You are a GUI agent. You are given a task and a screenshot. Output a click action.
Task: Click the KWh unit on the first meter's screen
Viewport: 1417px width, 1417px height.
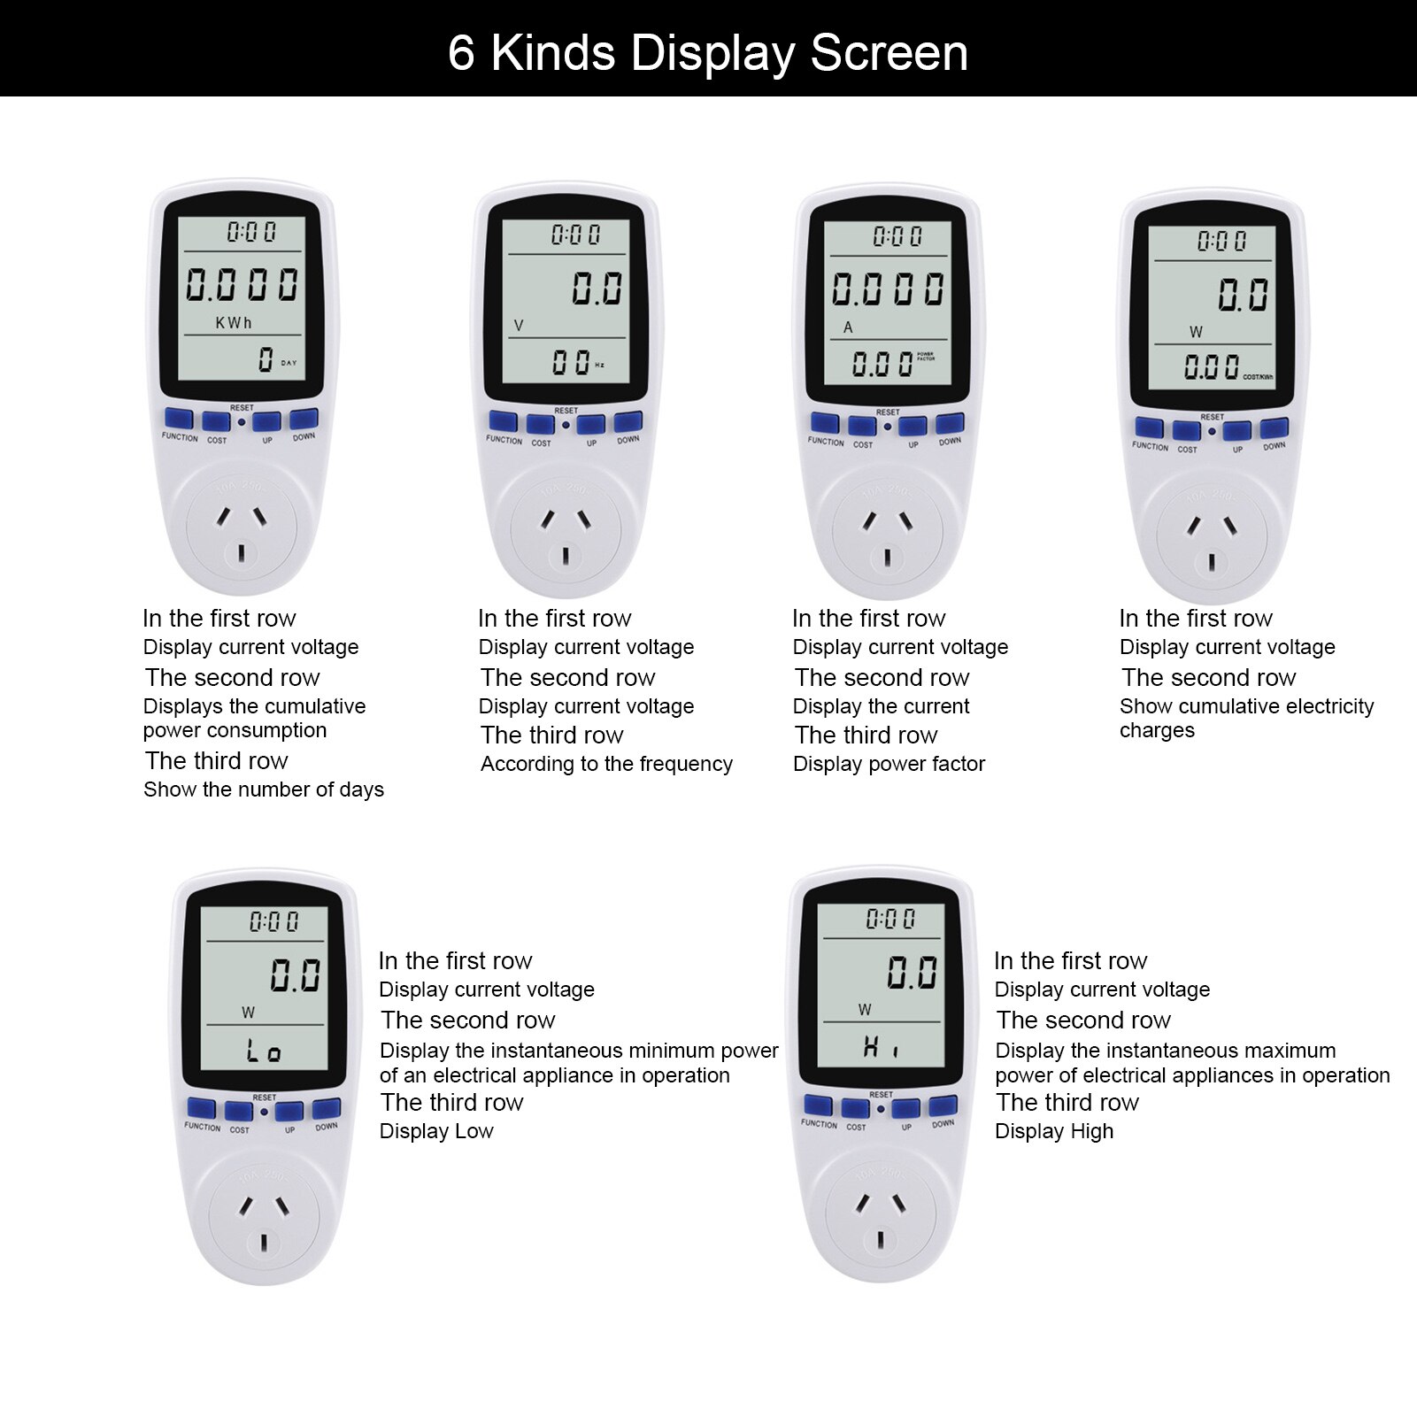[234, 323]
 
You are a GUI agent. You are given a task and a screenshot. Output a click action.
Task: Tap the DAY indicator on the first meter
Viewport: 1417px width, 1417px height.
[289, 363]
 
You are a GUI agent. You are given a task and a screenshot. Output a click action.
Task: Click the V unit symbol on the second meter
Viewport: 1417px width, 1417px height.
[519, 326]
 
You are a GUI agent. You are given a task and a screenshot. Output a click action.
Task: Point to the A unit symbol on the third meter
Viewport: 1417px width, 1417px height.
[848, 327]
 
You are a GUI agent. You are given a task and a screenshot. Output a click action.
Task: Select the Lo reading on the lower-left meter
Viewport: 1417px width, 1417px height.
[264, 1051]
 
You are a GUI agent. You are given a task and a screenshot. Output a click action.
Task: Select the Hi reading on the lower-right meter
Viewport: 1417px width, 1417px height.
[881, 1049]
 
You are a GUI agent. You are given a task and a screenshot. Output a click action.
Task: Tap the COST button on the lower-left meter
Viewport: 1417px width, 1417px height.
[238, 1111]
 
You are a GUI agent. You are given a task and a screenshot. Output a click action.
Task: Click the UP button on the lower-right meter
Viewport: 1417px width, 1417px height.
[905, 1109]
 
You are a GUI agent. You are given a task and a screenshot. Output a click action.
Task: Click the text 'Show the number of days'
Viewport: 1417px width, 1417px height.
[264, 789]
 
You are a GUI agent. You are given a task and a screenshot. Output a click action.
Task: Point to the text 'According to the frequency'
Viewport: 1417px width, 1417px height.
[606, 764]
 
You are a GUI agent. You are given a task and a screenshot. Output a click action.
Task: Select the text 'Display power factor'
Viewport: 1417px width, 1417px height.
[889, 764]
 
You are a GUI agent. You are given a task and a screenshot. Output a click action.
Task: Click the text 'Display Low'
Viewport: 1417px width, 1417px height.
[436, 1131]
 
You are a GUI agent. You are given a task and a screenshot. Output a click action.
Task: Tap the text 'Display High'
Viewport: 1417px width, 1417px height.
[1054, 1131]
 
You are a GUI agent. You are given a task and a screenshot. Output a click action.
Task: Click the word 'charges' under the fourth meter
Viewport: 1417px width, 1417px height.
[1157, 731]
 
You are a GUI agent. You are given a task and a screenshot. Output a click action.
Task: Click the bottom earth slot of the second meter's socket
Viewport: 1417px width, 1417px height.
[566, 557]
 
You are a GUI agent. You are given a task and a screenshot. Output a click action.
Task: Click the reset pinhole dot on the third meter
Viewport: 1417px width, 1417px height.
[888, 427]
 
